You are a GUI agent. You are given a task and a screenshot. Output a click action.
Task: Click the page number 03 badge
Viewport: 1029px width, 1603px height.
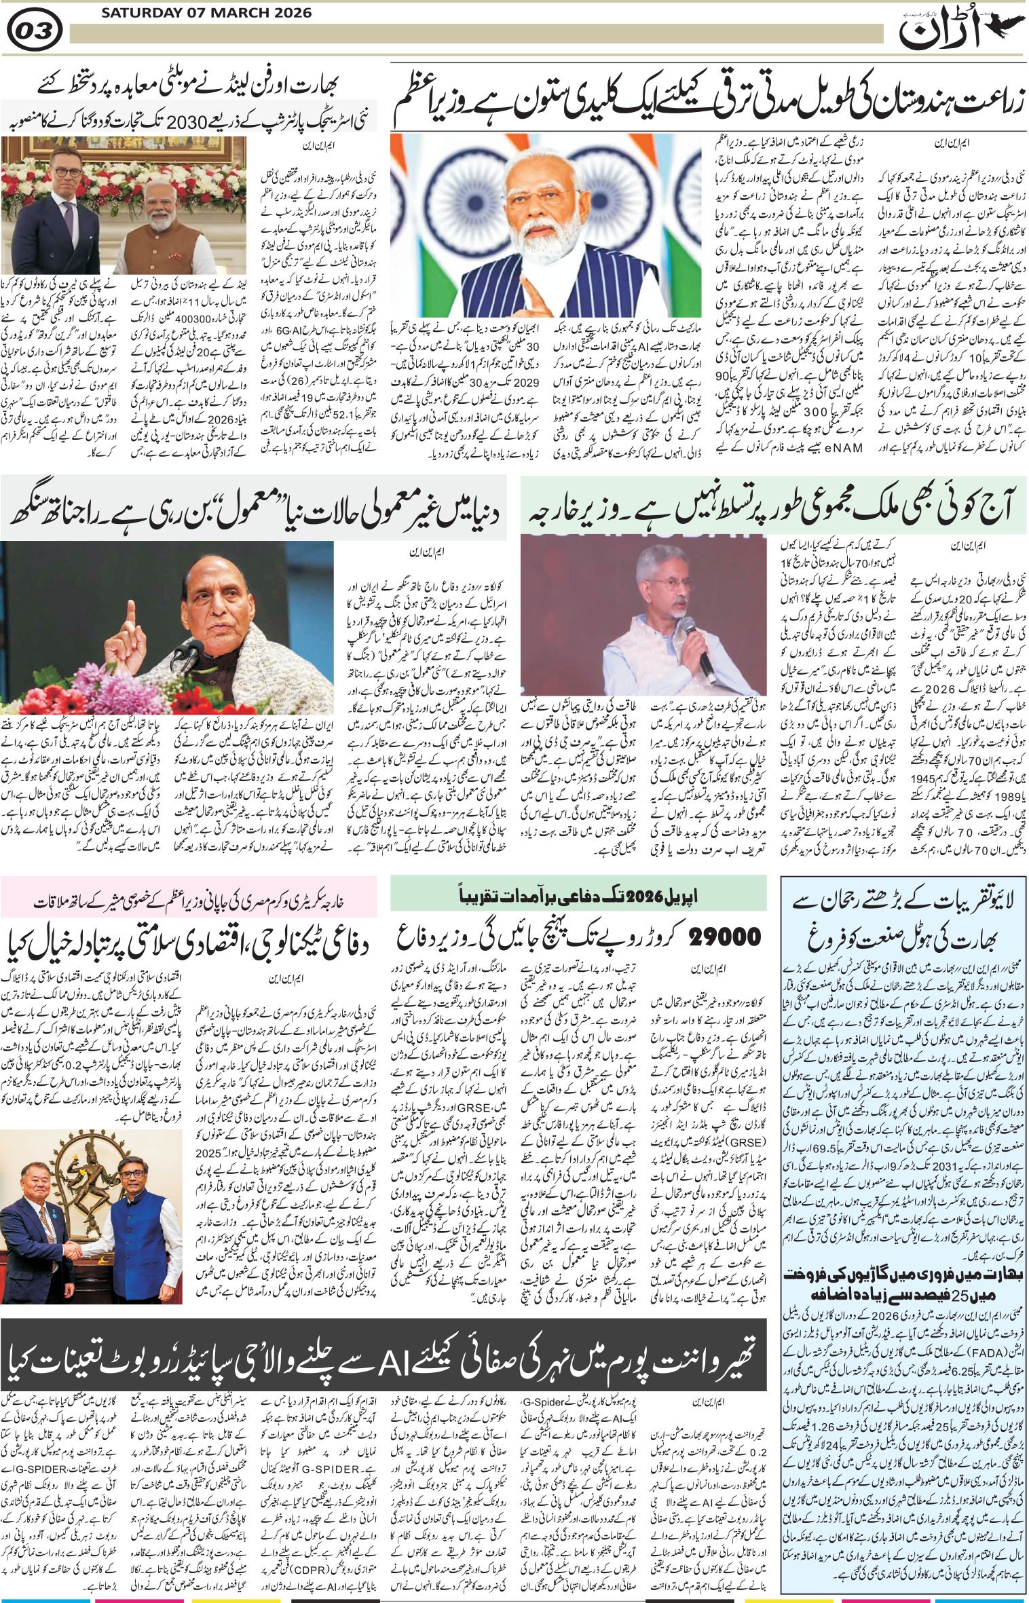37,31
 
